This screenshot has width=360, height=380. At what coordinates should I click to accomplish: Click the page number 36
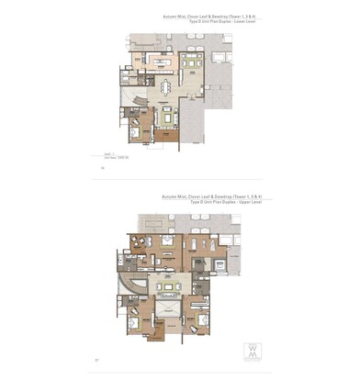coord(103,170)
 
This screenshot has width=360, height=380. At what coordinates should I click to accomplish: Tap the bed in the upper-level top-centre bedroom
coord(168,242)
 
